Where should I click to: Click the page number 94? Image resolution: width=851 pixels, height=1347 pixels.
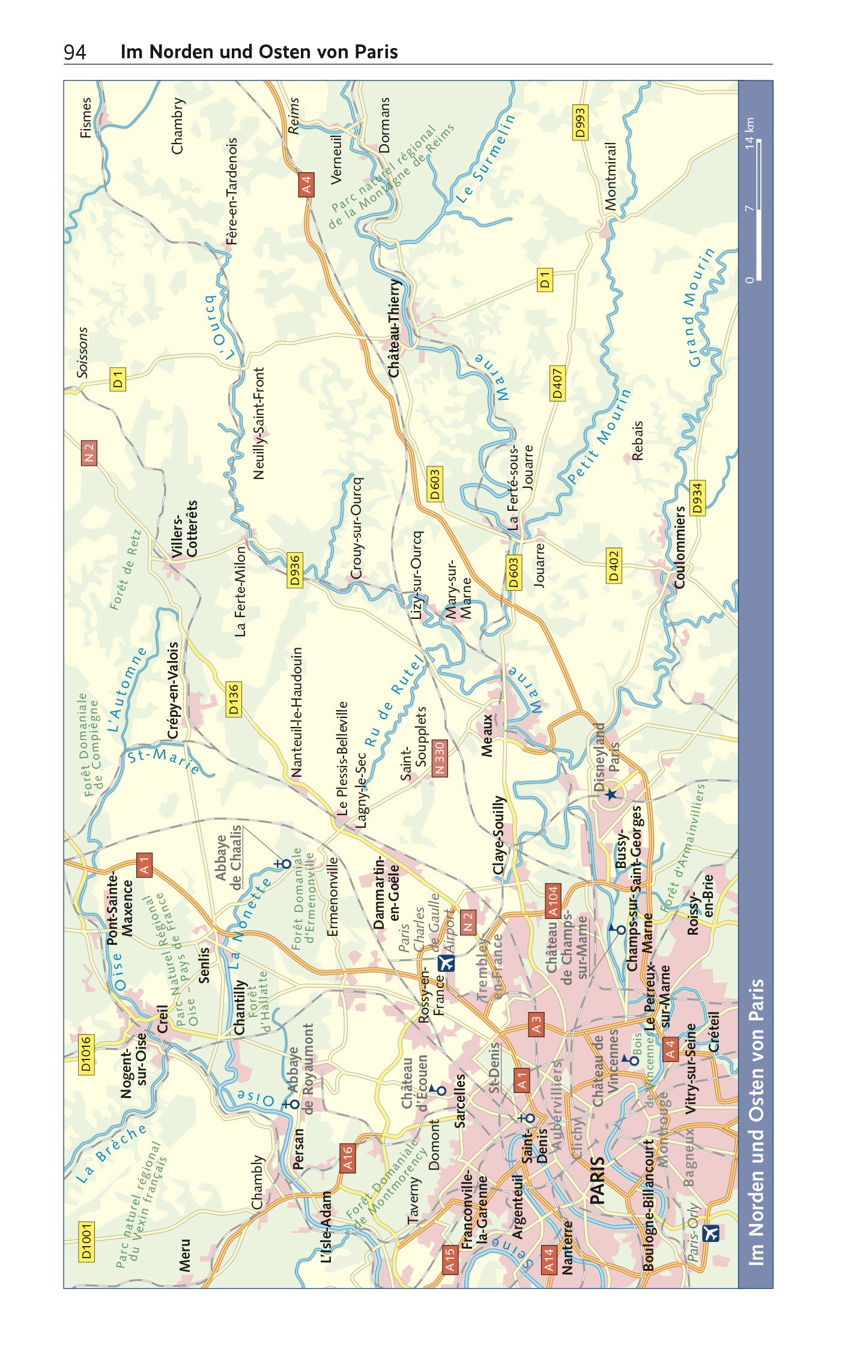pos(75,52)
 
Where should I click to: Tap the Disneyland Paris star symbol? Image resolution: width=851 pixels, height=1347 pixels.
pos(611,794)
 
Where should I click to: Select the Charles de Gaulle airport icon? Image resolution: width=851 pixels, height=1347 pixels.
pos(446,963)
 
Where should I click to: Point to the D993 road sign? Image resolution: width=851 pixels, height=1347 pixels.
pos(580,122)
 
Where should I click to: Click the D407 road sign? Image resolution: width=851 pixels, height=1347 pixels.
pos(557,383)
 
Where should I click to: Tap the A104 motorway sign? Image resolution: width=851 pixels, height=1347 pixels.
pos(553,901)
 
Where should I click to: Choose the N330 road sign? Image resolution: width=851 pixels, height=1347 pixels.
pos(439,758)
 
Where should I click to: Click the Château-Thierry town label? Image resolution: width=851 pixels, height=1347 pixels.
pos(394,328)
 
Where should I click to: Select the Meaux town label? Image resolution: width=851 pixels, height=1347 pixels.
pos(487,735)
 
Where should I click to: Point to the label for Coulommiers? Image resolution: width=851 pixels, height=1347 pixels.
pos(680,547)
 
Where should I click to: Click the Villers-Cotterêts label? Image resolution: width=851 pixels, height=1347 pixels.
pos(184,529)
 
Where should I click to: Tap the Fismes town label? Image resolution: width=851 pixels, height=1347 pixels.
pos(86,118)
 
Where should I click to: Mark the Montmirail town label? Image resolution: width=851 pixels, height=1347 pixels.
pos(611,176)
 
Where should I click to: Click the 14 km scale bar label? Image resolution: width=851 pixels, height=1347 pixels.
pos(749,133)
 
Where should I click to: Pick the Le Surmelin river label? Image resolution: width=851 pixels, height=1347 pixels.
pos(485,158)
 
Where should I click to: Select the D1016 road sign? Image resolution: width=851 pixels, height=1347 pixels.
pos(86,1054)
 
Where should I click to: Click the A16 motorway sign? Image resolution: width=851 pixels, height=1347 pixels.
pos(347,1158)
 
